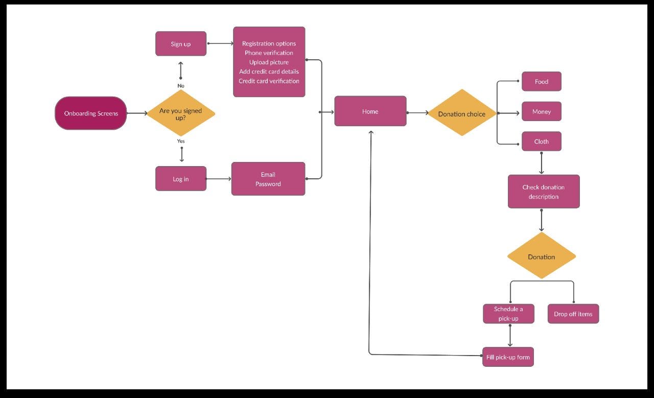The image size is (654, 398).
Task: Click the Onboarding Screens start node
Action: coord(91,113)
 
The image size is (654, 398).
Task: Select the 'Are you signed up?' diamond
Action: coord(181,113)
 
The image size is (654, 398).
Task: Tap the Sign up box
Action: coord(181,44)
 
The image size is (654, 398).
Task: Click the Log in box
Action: coord(181,179)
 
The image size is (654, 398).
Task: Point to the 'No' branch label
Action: coord(181,86)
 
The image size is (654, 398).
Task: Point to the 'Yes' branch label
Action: coord(181,141)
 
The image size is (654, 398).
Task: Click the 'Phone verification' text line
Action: coord(269,53)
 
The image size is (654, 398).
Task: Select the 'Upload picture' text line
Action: coord(269,62)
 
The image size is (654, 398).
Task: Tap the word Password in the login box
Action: coord(268,184)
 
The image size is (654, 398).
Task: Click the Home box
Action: coord(370,111)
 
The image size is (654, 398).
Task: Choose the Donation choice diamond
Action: coord(462,113)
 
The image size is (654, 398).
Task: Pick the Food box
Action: coord(542,82)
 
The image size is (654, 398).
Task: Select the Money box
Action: coord(542,111)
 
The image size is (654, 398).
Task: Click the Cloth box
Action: coord(542,142)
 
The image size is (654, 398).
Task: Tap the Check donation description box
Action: coord(544,192)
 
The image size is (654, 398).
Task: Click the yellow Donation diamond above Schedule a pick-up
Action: coord(542,256)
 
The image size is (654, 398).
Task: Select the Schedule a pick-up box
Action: coord(508,314)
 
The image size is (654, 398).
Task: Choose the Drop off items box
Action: coord(573,314)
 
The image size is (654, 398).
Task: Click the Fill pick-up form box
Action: coord(508,357)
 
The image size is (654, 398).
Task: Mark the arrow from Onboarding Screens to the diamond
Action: coord(136,113)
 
